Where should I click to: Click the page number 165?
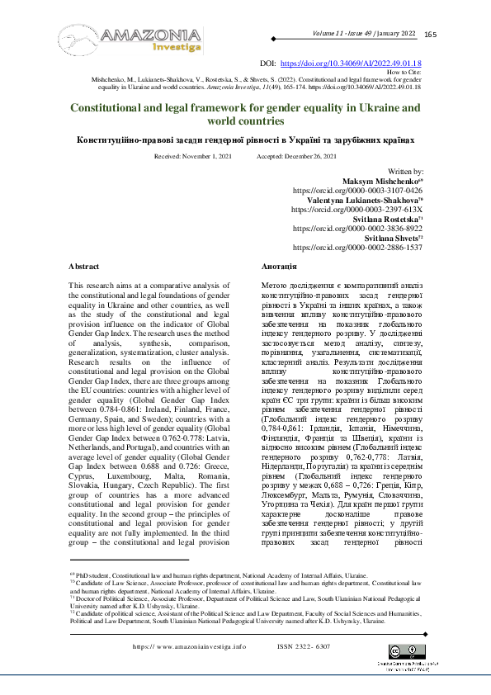coord(431,34)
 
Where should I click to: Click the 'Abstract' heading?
coord(83,267)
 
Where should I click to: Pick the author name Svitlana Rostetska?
coord(381,219)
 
